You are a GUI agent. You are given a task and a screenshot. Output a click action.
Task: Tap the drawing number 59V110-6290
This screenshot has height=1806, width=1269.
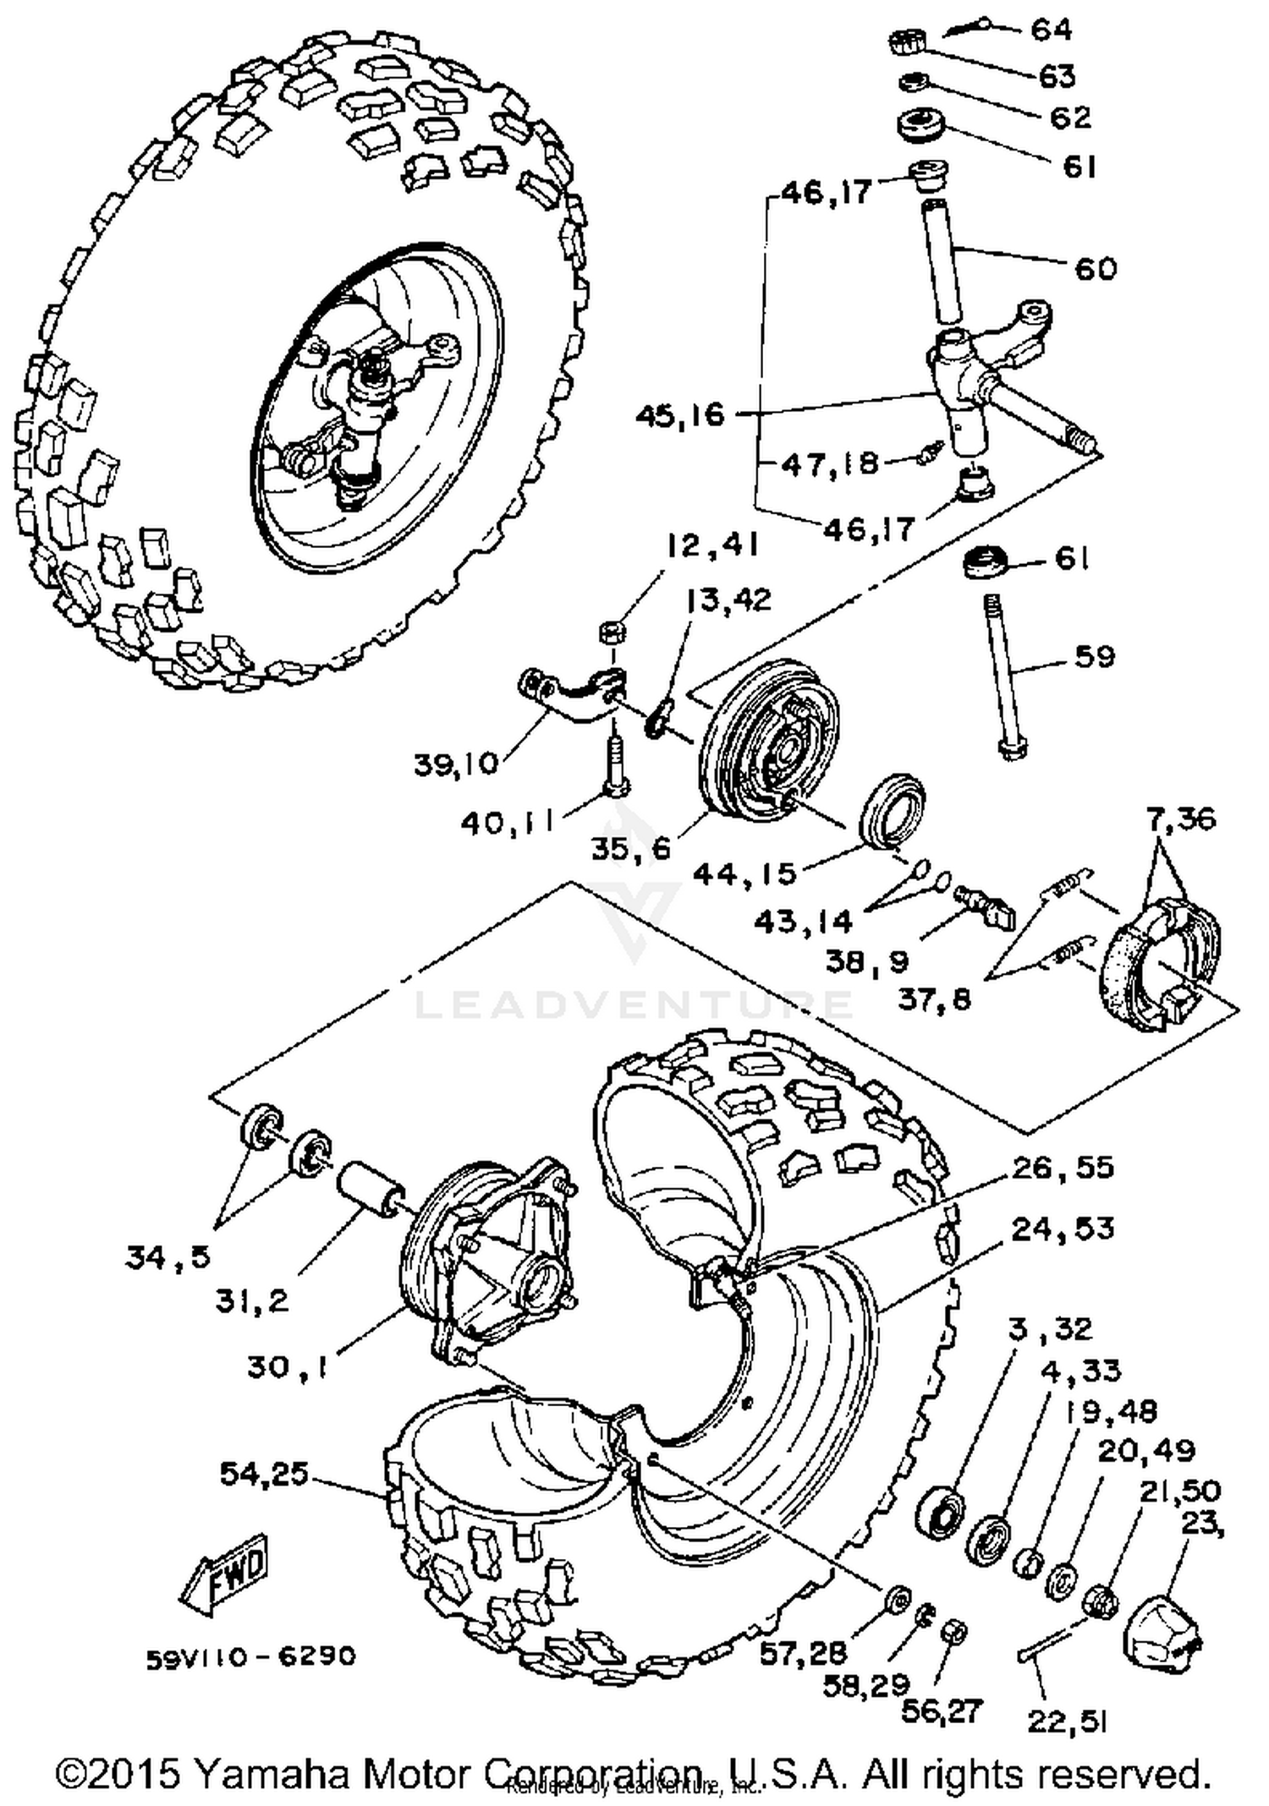pyautogui.click(x=250, y=1655)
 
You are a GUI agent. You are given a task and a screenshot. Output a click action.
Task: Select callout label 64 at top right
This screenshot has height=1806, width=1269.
pyautogui.click(x=1051, y=30)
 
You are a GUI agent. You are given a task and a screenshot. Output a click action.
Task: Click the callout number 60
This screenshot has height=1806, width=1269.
pyautogui.click(x=1095, y=269)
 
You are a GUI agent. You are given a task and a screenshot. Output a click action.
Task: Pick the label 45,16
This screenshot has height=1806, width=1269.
pyautogui.click(x=680, y=415)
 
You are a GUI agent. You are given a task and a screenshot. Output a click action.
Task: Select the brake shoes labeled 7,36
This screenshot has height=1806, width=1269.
pyautogui.click(x=1161, y=964)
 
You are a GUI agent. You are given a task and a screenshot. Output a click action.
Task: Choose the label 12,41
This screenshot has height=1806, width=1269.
pyautogui.click(x=711, y=546)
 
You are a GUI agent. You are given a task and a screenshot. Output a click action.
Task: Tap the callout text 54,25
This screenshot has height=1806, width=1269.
pyautogui.click(x=263, y=1474)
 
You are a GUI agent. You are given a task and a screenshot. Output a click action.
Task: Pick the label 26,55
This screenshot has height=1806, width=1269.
pyautogui.click(x=1063, y=1168)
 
